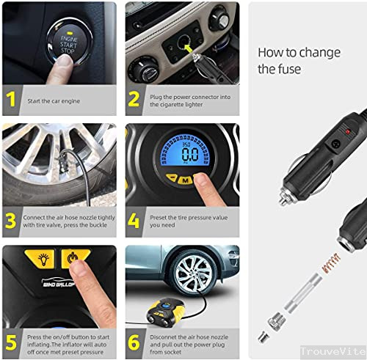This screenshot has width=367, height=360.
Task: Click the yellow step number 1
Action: (11, 100)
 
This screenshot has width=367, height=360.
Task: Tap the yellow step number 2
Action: (134, 100)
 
